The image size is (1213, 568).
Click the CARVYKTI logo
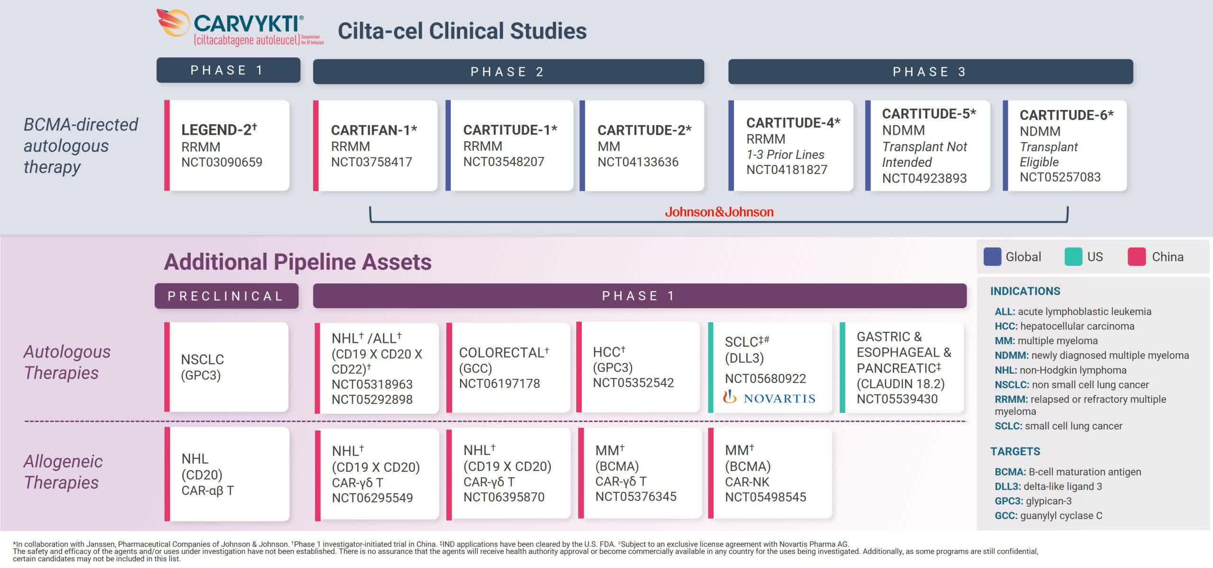point(239,27)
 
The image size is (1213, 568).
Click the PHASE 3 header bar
point(930,72)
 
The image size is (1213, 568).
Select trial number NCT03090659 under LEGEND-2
point(221,162)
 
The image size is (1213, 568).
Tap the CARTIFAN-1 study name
point(373,130)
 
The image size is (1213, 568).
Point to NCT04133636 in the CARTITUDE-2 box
point(637,162)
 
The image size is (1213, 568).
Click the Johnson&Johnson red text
point(719,212)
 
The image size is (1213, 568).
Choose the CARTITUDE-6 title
point(1066,115)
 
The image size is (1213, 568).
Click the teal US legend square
point(1073,257)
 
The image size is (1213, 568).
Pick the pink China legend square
point(1136,257)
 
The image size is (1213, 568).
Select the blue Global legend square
point(992,257)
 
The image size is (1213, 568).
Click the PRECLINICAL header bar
point(226,296)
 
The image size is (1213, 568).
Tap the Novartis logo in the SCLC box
point(769,398)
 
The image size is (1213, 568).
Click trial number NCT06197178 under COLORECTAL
point(499,383)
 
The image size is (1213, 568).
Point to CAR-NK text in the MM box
point(747,482)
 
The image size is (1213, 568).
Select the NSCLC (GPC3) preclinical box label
point(202,367)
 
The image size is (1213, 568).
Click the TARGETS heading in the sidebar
point(1015,451)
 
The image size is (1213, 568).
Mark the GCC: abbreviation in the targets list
point(1005,515)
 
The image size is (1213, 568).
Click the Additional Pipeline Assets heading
point(298,262)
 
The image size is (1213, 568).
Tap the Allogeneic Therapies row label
point(63,472)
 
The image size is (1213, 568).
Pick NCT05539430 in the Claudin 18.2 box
point(896,399)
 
